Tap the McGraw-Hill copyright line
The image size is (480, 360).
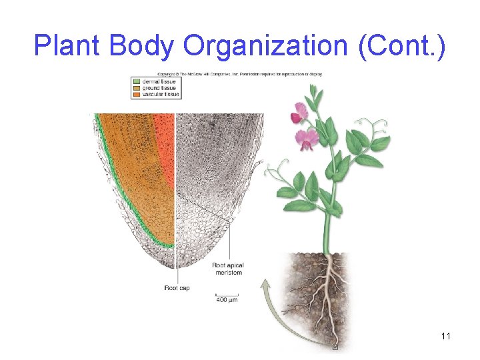tap(239, 74)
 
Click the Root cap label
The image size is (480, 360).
tap(176, 288)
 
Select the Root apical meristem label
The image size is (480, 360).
tap(227, 269)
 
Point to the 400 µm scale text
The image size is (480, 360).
tap(226, 300)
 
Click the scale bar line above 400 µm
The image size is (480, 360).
tap(226, 294)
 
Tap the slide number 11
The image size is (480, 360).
tap(446, 335)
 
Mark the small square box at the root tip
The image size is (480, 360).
tap(335, 347)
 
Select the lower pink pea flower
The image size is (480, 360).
tap(307, 139)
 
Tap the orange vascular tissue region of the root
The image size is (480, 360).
tap(163, 140)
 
